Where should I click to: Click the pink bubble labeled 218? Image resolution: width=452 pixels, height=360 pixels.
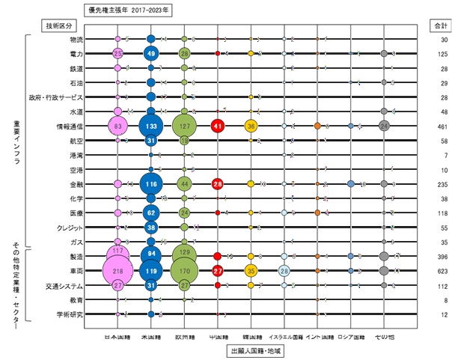(x=118, y=270)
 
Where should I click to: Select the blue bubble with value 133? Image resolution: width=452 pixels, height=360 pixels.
(x=151, y=126)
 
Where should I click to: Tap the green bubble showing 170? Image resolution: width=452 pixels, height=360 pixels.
(x=184, y=270)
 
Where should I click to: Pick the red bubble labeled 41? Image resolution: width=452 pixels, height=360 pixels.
(x=218, y=126)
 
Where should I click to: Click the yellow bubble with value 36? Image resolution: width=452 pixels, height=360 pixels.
(x=251, y=126)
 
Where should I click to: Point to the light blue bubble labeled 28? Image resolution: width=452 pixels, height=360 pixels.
(x=284, y=270)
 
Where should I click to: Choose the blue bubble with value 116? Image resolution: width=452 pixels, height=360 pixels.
(x=151, y=183)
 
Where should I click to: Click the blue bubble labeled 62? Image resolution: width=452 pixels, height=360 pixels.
(x=151, y=213)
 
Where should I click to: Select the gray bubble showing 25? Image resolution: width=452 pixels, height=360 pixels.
(x=384, y=126)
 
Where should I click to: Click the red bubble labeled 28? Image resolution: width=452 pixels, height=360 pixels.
(x=218, y=183)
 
